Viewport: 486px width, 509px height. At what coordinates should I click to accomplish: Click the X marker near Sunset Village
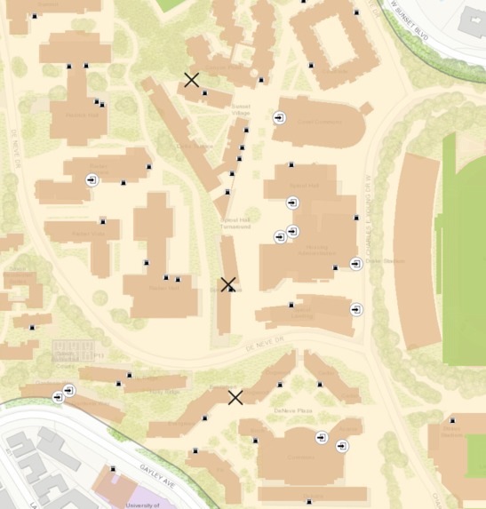click(191, 80)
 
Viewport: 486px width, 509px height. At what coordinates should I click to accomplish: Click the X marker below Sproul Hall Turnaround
click(227, 285)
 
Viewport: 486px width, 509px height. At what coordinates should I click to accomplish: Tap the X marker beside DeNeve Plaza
click(235, 397)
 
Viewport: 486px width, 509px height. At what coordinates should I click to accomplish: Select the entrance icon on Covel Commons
click(279, 118)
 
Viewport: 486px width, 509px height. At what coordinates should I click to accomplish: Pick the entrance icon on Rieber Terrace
click(92, 180)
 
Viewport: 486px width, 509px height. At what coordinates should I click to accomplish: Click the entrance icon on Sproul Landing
click(355, 310)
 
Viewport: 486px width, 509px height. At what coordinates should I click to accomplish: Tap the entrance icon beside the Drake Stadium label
click(355, 264)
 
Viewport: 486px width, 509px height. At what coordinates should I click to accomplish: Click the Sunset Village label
click(241, 109)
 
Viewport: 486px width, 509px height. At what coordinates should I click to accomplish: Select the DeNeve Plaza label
click(292, 411)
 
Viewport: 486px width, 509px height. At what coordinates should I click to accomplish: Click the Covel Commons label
click(319, 123)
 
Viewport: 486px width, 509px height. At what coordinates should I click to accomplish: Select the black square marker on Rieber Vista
click(103, 221)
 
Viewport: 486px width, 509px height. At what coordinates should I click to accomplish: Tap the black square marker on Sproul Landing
click(291, 305)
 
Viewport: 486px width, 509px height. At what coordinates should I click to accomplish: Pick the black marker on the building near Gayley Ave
click(113, 468)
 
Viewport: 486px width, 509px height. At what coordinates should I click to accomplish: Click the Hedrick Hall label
click(81, 115)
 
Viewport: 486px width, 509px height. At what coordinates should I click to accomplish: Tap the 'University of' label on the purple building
click(142, 504)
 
